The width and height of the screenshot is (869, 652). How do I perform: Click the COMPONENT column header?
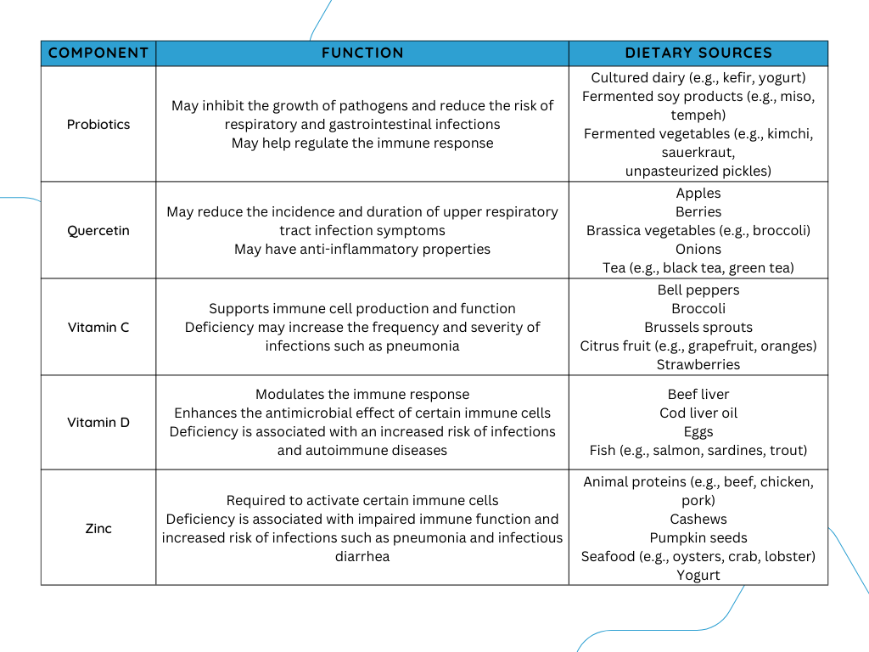pos(98,53)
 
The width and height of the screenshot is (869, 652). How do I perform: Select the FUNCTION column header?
pos(362,53)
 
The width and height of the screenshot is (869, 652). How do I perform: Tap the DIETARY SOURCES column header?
pos(698,53)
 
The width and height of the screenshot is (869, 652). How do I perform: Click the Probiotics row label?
pos(98,124)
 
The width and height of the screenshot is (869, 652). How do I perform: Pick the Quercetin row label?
pos(98,231)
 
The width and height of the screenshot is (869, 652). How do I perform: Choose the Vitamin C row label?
pos(98,327)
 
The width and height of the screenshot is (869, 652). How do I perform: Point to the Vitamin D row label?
pos(98,423)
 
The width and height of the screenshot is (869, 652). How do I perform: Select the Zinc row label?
pos(98,528)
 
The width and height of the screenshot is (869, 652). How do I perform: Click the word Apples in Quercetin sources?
pos(698,194)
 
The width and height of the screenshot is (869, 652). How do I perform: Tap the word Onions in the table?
pos(698,249)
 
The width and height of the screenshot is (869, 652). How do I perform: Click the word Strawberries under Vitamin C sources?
pos(698,364)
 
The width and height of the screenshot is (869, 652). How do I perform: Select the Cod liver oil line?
pos(698,413)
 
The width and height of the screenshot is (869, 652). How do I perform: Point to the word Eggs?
pos(698,432)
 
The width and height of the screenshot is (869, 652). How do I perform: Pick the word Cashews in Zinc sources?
pos(698,519)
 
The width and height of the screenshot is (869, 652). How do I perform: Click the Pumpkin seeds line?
pos(698,537)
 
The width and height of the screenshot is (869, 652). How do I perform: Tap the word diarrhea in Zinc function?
pos(362,556)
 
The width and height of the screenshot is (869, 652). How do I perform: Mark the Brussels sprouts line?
pos(698,327)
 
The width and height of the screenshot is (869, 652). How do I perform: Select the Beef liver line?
pos(698,394)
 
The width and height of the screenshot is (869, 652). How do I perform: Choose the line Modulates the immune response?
pos(362,394)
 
